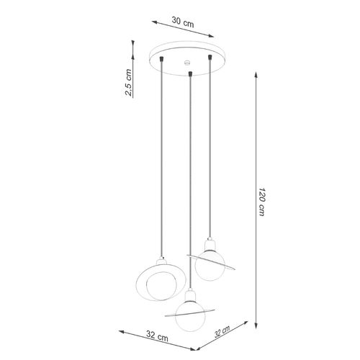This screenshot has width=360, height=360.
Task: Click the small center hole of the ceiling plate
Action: (186, 62)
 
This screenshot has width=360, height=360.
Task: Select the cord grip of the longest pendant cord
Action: (189, 73)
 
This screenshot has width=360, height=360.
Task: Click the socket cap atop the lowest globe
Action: (190, 294)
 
